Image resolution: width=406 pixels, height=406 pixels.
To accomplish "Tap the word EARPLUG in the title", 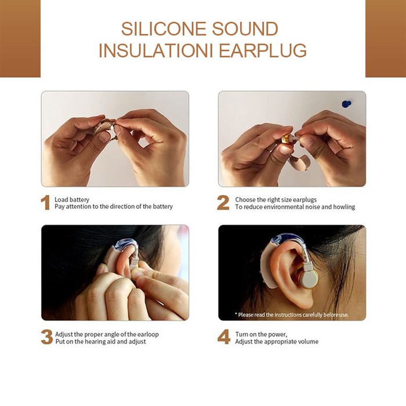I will (262, 50).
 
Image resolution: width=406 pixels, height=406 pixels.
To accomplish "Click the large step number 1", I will (45, 203).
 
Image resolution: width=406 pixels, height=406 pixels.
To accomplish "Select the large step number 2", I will (223, 203).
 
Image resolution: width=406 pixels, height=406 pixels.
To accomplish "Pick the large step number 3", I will (46, 338).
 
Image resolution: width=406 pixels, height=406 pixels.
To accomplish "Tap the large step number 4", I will (224, 338).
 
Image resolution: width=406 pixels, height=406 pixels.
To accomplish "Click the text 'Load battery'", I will (72, 200).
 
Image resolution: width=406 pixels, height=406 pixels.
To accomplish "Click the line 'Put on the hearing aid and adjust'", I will (100, 342).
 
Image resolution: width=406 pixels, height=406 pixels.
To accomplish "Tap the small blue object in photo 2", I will (346, 104).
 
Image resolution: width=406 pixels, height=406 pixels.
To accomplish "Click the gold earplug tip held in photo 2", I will (286, 140).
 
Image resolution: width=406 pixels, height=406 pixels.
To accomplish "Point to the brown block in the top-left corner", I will (20, 38).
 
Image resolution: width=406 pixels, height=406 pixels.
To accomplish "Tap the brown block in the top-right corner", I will (385, 38).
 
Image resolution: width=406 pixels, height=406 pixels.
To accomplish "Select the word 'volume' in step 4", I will (308, 342).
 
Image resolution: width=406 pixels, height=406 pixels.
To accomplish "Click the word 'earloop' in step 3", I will (146, 334).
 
